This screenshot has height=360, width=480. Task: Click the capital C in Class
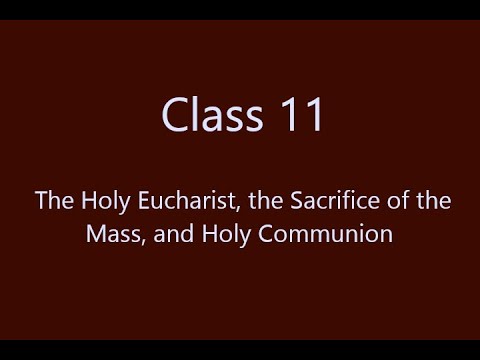tap(176, 117)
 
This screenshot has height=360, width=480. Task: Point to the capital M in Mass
tap(93, 236)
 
